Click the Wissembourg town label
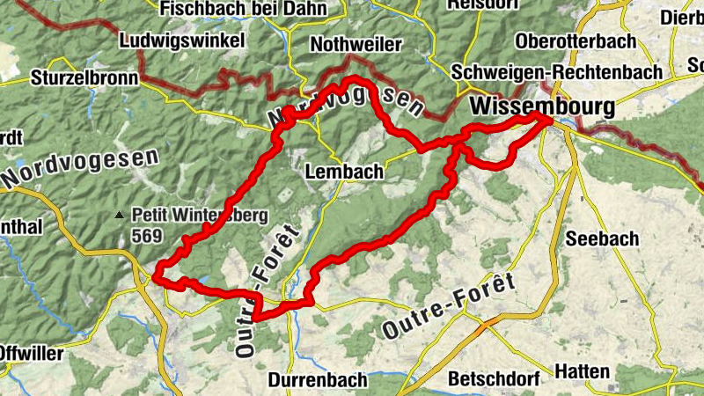point(542,106)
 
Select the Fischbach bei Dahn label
point(244,9)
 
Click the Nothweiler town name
point(356,45)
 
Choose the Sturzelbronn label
point(84,77)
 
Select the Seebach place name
point(602,238)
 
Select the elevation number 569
point(147,235)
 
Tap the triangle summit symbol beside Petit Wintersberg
point(121,214)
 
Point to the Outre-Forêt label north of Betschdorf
point(448,307)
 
